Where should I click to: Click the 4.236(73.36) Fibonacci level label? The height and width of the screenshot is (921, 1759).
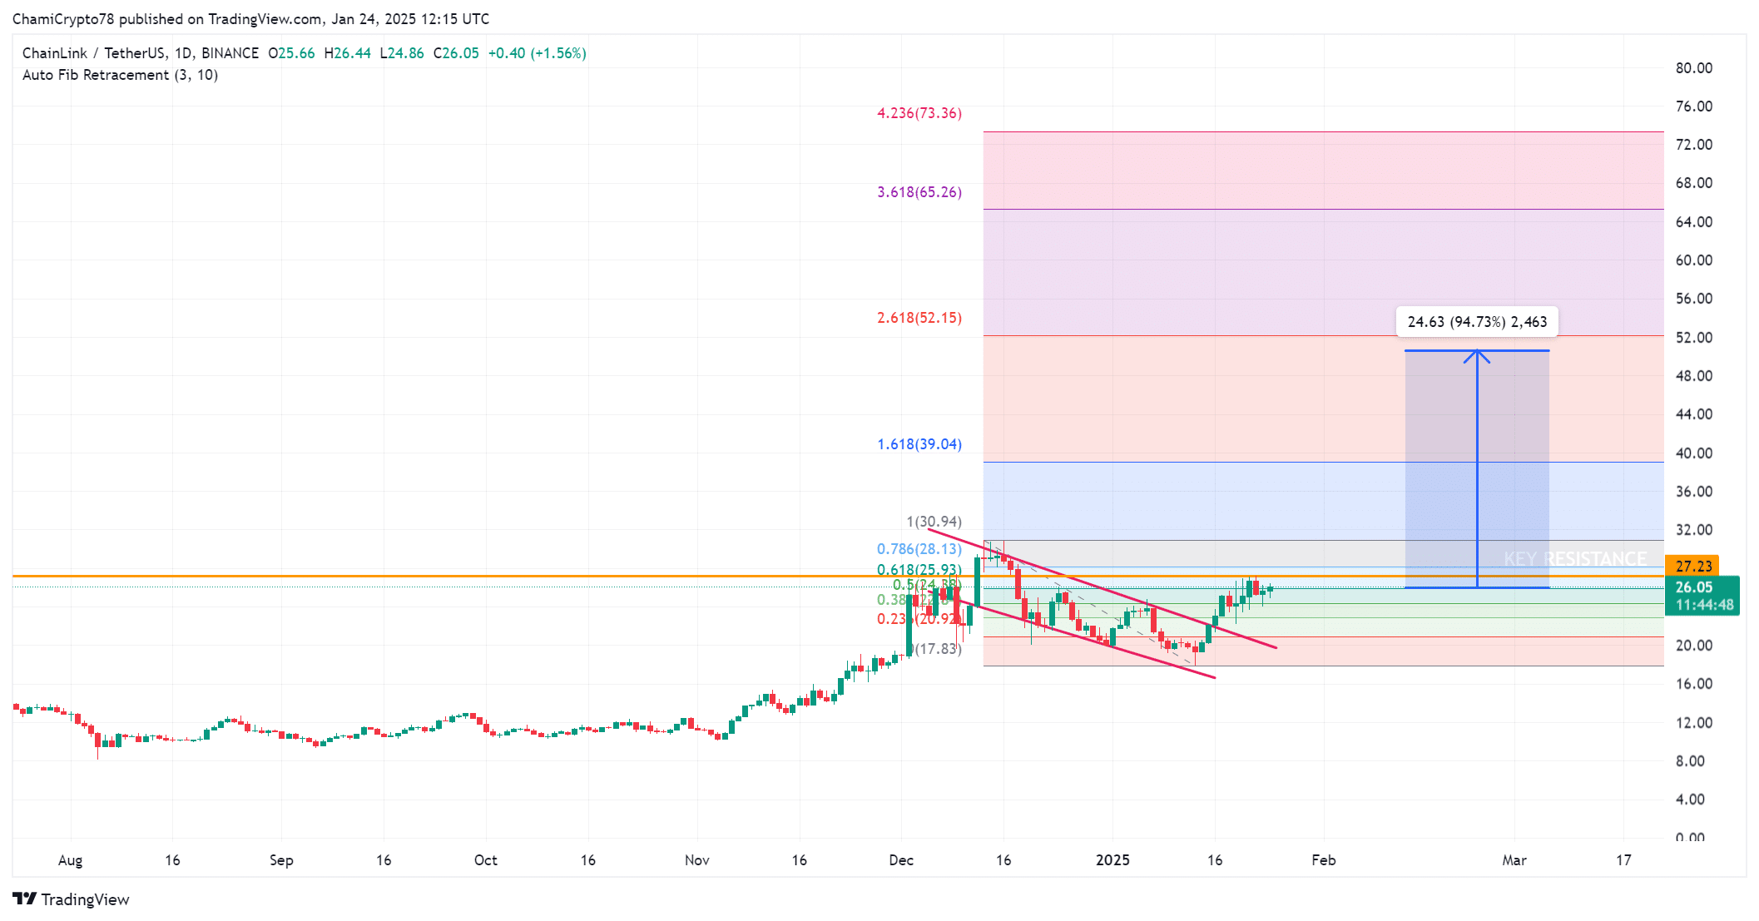(x=919, y=113)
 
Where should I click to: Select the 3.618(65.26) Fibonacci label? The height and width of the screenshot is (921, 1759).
(x=919, y=192)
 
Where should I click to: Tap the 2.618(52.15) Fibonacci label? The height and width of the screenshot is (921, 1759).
(x=919, y=318)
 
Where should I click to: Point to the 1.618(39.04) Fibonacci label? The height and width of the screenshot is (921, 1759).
(x=919, y=444)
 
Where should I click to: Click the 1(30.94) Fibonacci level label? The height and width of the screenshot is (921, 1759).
(x=934, y=522)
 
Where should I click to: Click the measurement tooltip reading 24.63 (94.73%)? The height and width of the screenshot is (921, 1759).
(x=1476, y=322)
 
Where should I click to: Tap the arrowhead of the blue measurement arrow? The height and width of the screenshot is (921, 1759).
(x=1477, y=355)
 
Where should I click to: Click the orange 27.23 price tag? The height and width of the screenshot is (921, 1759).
(x=1692, y=566)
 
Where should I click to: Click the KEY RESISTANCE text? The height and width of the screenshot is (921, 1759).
(x=1575, y=559)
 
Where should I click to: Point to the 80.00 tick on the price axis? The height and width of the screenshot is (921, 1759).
(x=1693, y=68)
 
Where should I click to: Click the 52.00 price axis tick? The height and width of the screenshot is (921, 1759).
(x=1693, y=338)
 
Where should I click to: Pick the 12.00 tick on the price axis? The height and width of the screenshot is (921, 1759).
(x=1693, y=723)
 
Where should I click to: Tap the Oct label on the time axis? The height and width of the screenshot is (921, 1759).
(x=485, y=860)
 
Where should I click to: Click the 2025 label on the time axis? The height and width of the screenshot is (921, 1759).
(x=1112, y=860)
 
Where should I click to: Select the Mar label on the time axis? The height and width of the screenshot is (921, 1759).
(x=1514, y=860)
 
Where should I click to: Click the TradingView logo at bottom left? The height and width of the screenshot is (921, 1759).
(x=72, y=899)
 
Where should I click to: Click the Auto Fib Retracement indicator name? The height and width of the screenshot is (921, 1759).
(x=120, y=75)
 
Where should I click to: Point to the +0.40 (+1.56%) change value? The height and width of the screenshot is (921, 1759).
(x=537, y=53)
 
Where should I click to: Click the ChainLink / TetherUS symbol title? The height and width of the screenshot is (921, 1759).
(x=94, y=53)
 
